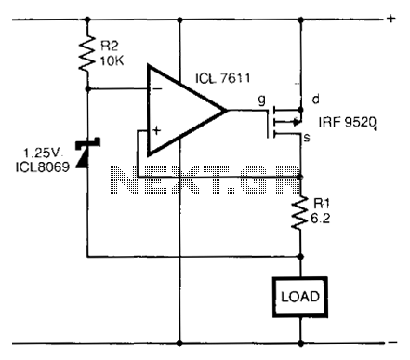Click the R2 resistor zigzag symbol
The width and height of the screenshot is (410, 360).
(x=87, y=54)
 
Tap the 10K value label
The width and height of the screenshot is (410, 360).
(x=112, y=61)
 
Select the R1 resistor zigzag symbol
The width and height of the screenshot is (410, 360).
(x=300, y=213)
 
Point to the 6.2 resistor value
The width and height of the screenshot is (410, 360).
(x=321, y=219)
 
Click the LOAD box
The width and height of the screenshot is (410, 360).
(x=300, y=297)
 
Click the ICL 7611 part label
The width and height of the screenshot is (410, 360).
(x=223, y=77)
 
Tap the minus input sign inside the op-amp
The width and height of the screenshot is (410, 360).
(x=157, y=89)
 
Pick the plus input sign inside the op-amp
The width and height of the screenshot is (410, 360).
(x=157, y=130)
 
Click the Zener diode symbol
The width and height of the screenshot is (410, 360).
(x=87, y=153)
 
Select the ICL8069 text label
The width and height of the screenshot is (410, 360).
(x=43, y=167)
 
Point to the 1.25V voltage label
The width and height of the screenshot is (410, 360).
(x=43, y=153)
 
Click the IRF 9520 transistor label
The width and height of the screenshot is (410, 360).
(x=348, y=123)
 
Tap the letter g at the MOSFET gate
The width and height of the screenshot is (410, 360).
(x=262, y=100)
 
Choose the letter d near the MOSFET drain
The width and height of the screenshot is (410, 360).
(x=315, y=100)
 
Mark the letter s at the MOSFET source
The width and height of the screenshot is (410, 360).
(x=307, y=138)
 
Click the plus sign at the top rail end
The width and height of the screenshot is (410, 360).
(x=391, y=19)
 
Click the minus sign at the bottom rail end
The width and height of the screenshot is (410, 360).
(x=392, y=342)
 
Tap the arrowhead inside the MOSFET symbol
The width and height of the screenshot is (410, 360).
(x=297, y=122)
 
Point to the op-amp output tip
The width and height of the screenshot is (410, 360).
(x=226, y=111)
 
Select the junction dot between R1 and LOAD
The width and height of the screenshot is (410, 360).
(x=300, y=257)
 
